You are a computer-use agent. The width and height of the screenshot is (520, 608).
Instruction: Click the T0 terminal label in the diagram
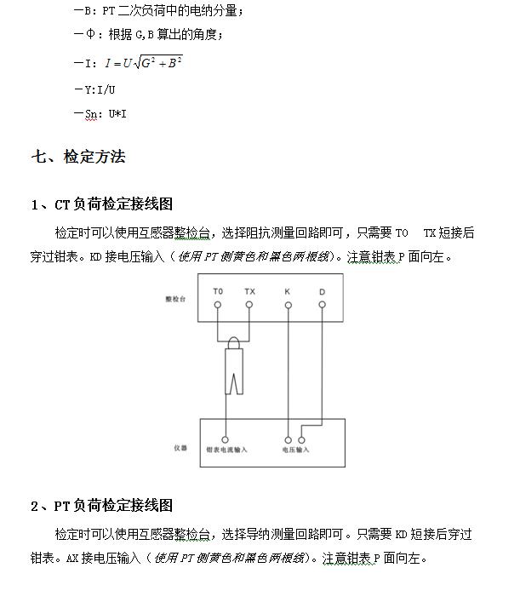pos(218,291)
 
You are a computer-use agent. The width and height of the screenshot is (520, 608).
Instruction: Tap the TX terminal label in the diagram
pos(249,291)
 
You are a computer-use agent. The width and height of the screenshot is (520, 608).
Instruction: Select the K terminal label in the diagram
pos(288,291)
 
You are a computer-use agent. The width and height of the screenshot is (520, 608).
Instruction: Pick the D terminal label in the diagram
pos(323,291)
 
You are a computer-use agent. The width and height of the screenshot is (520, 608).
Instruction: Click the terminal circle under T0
pos(218,304)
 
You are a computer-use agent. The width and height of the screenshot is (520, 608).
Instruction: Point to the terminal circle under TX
pos(249,304)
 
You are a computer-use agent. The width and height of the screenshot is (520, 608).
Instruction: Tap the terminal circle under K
pos(288,304)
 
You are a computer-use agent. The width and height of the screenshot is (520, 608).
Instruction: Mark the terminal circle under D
pos(323,304)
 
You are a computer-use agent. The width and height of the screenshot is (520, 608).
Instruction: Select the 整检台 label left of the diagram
pos(175,299)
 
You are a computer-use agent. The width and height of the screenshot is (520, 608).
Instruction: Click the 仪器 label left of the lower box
pos(179,447)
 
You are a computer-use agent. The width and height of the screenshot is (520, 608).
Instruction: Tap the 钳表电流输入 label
pos(226,449)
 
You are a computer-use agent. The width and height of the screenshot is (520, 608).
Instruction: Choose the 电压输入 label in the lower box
pos(295,449)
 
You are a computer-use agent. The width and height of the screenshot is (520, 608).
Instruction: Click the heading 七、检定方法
pos(78,157)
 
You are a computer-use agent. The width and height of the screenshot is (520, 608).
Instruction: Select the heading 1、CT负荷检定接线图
pos(101,204)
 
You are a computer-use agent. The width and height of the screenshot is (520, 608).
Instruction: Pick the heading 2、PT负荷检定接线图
pos(101,506)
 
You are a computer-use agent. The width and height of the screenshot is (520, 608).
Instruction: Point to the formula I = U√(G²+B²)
pos(143,62)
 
